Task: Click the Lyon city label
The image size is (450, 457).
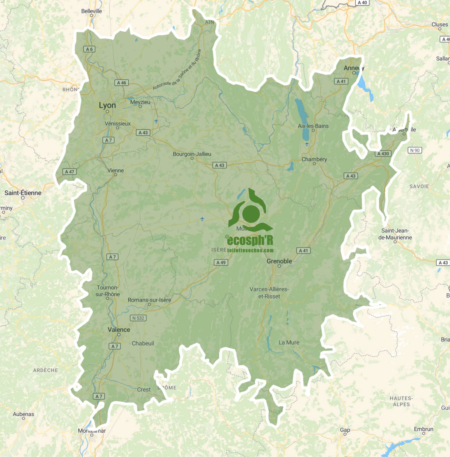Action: (107, 105)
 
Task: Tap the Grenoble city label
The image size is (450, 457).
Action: (279, 261)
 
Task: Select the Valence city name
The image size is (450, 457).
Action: (119, 330)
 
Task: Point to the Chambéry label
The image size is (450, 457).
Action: (314, 159)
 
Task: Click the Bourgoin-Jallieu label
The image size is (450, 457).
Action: (192, 154)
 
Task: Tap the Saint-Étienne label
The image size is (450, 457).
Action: (23, 193)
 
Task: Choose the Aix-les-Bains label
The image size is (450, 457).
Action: (313, 126)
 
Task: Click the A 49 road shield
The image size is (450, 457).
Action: (221, 262)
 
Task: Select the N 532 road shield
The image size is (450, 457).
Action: (138, 318)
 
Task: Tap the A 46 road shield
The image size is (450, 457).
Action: (122, 83)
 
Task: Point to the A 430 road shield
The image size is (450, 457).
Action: (383, 154)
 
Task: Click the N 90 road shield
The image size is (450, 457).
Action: (415, 150)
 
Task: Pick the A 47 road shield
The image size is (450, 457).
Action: (69, 172)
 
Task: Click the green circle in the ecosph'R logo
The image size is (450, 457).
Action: (251, 213)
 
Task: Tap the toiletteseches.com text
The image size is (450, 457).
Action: (250, 250)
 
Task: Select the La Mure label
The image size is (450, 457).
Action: (289, 342)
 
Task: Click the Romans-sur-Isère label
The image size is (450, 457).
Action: (149, 300)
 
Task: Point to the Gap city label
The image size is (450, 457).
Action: (345, 430)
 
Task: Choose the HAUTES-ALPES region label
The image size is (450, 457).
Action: (401, 401)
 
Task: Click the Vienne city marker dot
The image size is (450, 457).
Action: (115, 175)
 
